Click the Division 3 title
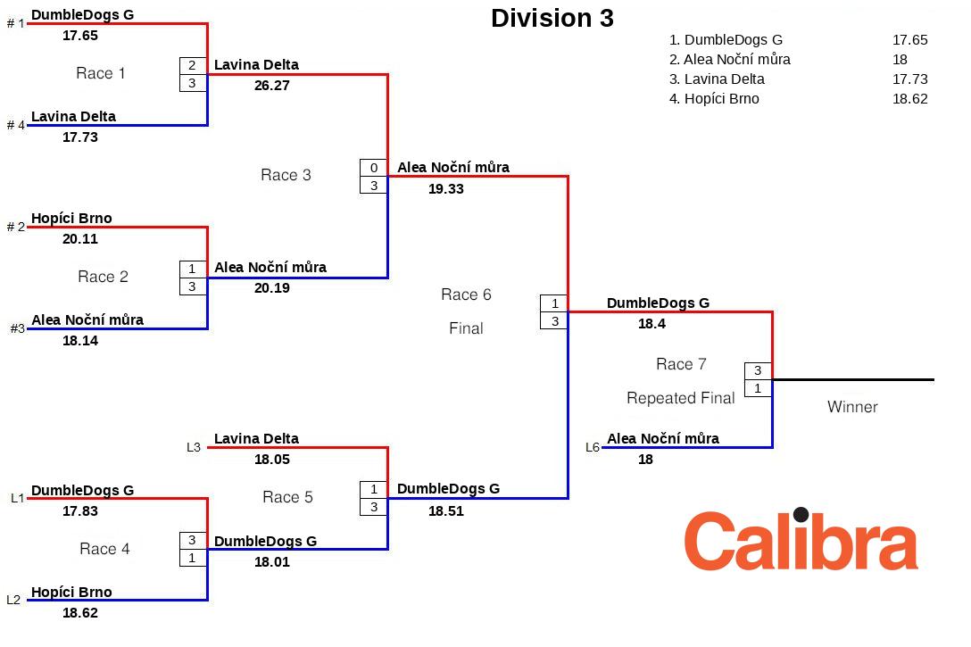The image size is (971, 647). [552, 19]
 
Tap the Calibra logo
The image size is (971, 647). [801, 541]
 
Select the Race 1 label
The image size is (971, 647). [100, 73]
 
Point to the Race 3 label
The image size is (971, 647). [286, 175]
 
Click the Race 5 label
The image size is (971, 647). [287, 497]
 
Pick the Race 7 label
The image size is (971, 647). [681, 364]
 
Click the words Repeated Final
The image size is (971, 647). [680, 398]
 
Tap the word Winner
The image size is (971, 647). [852, 407]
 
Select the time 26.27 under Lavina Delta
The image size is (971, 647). [271, 86]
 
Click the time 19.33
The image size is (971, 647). [445, 188]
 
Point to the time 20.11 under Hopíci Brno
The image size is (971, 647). [80, 239]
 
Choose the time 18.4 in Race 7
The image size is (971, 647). [651, 324]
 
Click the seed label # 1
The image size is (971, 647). [16, 23]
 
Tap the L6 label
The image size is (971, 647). [593, 447]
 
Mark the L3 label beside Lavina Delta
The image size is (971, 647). [194, 447]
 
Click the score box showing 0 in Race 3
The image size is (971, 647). [374, 168]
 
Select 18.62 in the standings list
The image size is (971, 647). [909, 99]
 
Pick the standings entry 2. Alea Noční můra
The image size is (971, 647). [729, 60]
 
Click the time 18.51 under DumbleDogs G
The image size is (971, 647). [445, 511]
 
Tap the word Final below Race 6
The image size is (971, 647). [466, 328]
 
